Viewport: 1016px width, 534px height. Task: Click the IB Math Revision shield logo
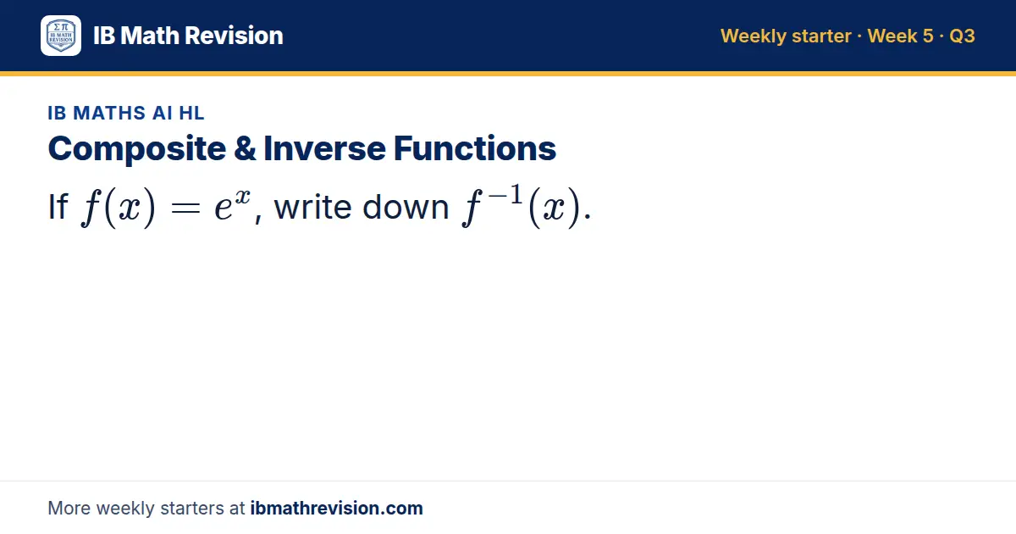61,36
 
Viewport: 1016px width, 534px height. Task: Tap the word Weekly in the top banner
754,36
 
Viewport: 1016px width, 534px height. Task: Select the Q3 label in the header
962,36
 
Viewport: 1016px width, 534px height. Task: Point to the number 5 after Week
928,36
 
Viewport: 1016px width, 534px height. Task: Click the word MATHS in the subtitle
109,113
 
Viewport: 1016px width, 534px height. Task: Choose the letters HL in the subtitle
191,113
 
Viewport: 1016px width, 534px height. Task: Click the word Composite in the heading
137,149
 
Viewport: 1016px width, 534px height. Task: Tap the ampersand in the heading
245,148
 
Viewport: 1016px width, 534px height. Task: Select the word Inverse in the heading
325,148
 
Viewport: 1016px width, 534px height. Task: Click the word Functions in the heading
475,148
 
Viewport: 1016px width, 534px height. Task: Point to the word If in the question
58,207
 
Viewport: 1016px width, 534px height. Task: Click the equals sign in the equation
185,209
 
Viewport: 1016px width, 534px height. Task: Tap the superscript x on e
243,197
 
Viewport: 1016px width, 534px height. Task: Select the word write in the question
313,207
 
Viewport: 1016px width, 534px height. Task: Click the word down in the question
406,207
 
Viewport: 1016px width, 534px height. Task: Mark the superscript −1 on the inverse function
505,195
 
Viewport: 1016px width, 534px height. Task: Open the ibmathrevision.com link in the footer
337,508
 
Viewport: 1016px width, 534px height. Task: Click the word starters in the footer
192,509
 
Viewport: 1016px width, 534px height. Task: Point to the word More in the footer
69,509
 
